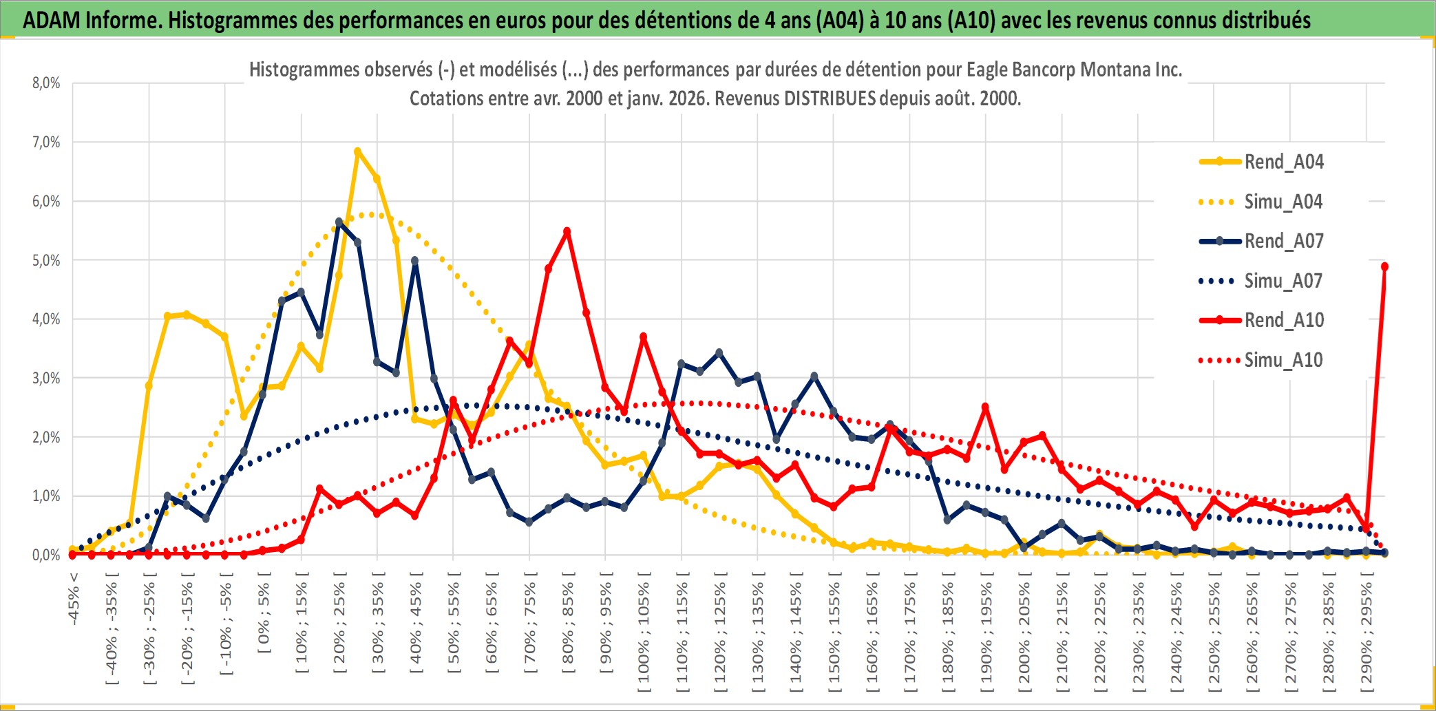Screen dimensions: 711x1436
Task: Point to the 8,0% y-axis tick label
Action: click(46, 83)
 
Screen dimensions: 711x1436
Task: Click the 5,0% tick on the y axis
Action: click(46, 260)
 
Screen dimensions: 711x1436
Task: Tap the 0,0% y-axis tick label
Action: click(46, 555)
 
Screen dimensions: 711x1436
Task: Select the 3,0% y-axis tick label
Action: click(46, 378)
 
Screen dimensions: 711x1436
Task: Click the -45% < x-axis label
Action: click(74, 599)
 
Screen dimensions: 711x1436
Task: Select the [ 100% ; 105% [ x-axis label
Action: click(644, 633)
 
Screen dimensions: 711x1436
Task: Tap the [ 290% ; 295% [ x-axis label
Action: click(1366, 633)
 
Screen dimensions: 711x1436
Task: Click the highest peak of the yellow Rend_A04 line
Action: click(357, 151)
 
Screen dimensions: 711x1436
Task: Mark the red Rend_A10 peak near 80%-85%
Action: click(567, 232)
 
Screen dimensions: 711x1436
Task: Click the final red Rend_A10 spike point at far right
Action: click(1384, 266)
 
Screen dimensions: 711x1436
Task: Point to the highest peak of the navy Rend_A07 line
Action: click(339, 222)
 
